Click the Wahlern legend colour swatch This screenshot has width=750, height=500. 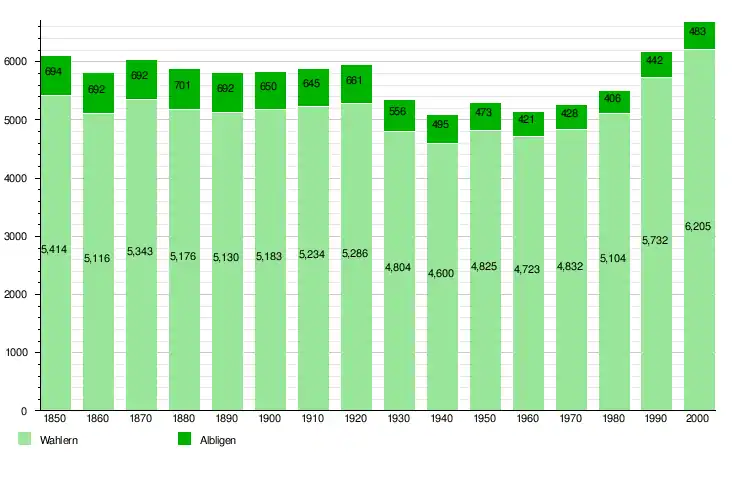[x=25, y=439]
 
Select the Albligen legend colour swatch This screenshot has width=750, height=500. [x=184, y=439]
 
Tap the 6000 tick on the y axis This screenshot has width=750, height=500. [x=17, y=62]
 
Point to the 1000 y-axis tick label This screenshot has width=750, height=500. [x=17, y=353]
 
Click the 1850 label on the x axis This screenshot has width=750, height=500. [x=55, y=418]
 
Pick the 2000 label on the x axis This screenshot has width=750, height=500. [x=699, y=418]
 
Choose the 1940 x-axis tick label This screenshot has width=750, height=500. [x=441, y=418]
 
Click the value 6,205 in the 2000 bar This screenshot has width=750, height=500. [x=699, y=227]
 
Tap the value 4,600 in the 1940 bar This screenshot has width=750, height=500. [x=441, y=273]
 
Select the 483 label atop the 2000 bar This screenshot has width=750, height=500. [x=699, y=32]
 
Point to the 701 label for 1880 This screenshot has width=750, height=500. [x=184, y=85]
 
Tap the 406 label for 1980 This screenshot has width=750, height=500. [x=613, y=98]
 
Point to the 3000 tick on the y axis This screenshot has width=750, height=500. [x=17, y=237]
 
